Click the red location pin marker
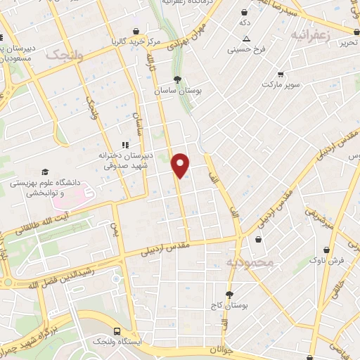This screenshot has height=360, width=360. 181,165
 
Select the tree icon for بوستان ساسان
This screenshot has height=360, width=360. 176,79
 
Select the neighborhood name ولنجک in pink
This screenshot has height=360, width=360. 64,55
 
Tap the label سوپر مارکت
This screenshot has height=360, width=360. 281,84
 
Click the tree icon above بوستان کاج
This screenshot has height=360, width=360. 229,295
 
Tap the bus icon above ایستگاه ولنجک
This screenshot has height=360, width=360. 117,331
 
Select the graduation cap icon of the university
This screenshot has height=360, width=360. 46,172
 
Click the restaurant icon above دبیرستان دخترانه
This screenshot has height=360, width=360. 125,145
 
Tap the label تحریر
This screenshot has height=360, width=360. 349,43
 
